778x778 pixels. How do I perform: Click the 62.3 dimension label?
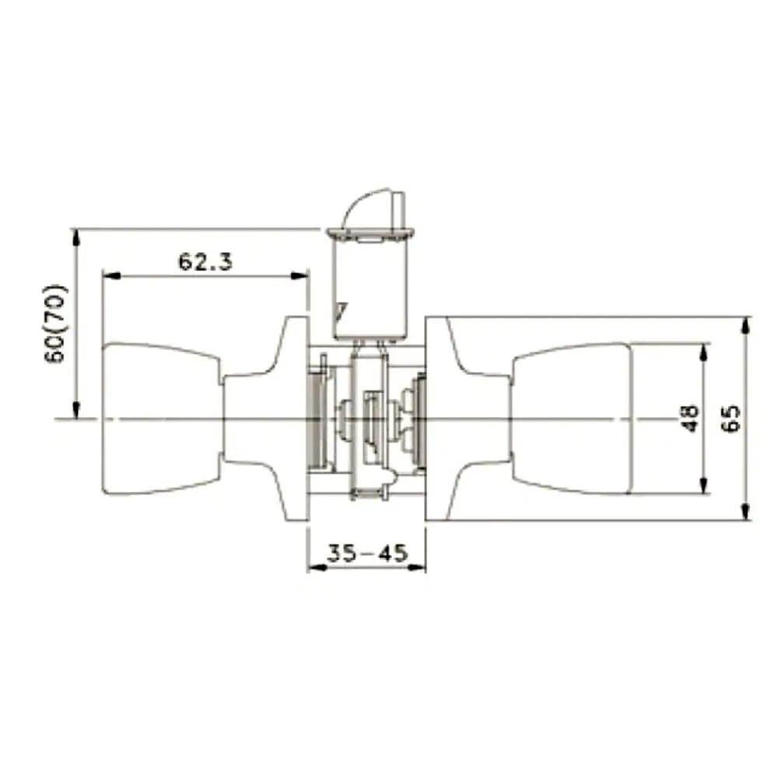point(205,261)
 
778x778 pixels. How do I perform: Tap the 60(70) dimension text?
point(55,324)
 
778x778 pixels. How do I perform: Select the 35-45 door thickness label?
point(367,552)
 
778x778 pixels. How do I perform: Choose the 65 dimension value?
point(731,419)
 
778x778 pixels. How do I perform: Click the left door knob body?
point(161,419)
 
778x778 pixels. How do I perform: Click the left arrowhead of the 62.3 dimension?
point(111,275)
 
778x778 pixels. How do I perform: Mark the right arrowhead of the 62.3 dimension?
point(300,275)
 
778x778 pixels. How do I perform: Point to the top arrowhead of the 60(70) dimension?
point(75,239)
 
